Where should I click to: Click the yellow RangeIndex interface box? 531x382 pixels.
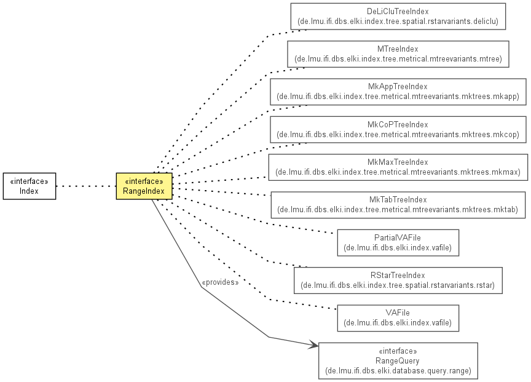pos(144,186)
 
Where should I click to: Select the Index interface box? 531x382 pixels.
pos(29,186)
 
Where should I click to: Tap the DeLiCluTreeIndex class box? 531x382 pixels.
pos(398,16)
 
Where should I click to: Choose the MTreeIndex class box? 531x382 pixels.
pos(398,54)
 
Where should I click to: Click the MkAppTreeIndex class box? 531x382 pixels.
pos(398,92)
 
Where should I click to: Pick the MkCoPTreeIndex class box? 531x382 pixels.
pos(398,129)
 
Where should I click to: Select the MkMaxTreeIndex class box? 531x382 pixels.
pos(398,167)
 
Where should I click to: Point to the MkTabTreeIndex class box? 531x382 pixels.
pos(398,205)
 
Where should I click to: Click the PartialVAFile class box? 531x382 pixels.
pos(398,243)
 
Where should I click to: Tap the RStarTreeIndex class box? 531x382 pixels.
pos(398,281)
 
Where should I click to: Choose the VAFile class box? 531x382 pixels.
pos(398,318)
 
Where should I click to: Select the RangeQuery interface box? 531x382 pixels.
pos(398,360)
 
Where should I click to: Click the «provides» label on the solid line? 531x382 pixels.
pos(220,282)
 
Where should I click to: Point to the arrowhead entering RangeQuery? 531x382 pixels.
pos(313,345)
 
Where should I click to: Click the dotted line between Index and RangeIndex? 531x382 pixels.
pos(86,186)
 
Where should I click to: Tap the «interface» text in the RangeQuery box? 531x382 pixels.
pos(398,351)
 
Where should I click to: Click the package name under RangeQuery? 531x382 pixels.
pos(398,370)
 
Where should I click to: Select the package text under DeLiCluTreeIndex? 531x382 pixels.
pos(398,22)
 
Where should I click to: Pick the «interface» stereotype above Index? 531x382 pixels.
pos(29,181)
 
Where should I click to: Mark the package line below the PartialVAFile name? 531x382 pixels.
pos(398,248)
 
